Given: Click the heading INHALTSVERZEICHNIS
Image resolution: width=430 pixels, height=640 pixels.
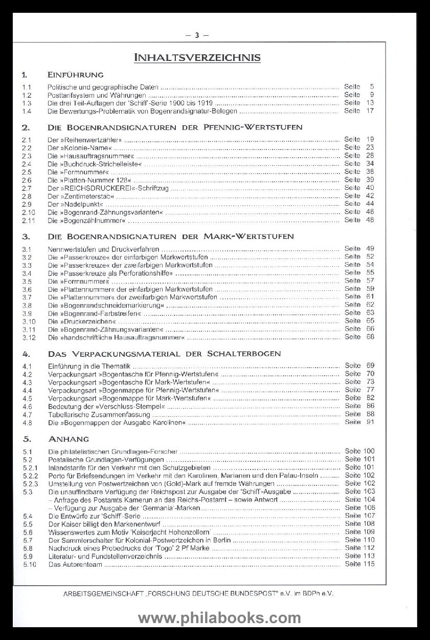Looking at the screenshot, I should (x=197, y=57).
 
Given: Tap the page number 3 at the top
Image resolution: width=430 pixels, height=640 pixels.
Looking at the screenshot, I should (x=196, y=35).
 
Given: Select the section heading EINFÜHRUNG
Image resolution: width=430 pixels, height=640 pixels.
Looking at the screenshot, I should (x=76, y=74).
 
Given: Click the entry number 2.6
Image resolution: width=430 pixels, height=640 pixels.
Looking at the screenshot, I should (x=27, y=180).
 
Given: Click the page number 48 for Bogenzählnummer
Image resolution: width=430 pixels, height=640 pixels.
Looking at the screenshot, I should (x=370, y=220).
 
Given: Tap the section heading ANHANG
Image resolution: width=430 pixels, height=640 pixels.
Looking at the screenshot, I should (x=69, y=439).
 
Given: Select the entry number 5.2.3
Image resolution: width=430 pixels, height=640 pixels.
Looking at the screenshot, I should (x=30, y=483).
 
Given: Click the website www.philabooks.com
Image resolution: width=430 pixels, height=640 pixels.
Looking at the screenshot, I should (x=215, y=618).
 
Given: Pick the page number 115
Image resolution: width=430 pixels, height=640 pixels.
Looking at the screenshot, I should (x=369, y=564).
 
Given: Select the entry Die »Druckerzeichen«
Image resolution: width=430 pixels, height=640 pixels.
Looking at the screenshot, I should (x=79, y=321).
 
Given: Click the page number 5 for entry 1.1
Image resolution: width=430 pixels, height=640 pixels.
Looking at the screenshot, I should (x=372, y=87).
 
